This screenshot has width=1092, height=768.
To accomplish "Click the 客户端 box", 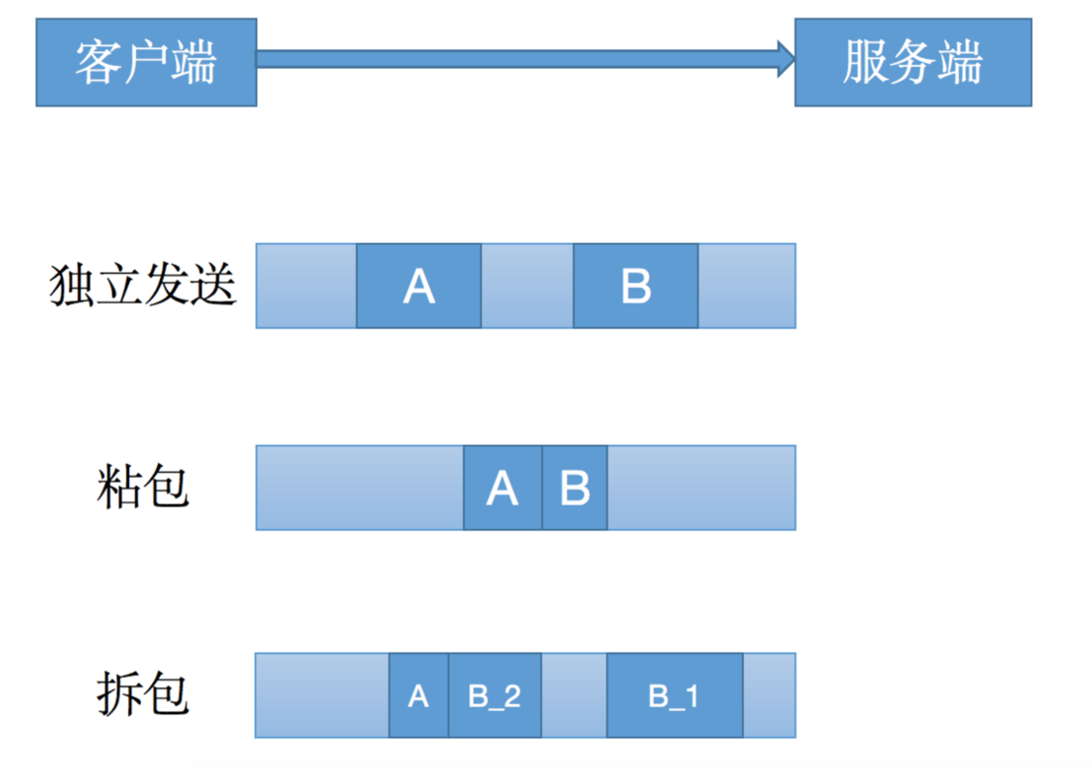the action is point(146,62).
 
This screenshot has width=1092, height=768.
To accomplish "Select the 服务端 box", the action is point(913,62).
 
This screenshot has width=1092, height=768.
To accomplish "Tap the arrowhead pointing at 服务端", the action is point(786,59).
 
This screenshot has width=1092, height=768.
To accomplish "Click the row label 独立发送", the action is point(143,285).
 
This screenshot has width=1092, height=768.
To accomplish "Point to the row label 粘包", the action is point(143,487).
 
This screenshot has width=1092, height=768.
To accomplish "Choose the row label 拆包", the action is point(143,694).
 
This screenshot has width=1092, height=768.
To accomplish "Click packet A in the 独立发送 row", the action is point(419,286).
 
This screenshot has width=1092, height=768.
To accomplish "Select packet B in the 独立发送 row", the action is point(636,286).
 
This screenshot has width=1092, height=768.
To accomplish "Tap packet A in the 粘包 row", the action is point(503,487).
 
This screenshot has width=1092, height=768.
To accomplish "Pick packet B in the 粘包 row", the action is point(575,487).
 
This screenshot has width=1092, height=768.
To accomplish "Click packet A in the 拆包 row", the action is point(419,695).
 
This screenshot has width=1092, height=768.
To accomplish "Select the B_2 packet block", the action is point(495,695).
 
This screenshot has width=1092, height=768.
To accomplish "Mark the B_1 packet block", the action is point(675,695).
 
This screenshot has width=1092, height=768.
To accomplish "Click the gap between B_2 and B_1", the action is point(575,695).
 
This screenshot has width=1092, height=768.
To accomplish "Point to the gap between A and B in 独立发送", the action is point(528,286).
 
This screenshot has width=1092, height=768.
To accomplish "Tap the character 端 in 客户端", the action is point(194,62).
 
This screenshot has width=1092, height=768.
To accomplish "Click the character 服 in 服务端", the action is point(866,62).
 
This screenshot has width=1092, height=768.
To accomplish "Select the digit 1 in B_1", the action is point(692,696).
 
